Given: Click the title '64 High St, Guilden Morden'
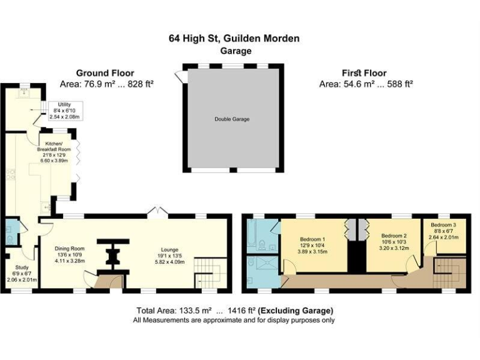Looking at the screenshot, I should point(234,39).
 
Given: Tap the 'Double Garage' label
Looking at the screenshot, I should point(232,119).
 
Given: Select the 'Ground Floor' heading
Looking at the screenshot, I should point(105,73).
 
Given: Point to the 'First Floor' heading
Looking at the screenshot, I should point(364,73).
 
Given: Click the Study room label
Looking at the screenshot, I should point(21,273).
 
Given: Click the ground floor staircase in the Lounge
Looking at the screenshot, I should point(207,272).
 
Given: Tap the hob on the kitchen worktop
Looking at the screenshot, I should point(10,175).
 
